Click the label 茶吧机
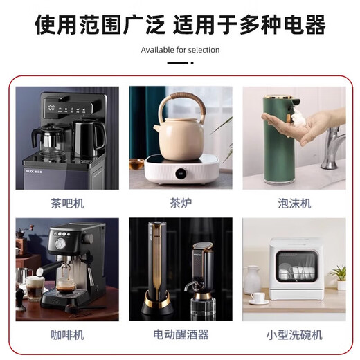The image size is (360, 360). pos(66,204)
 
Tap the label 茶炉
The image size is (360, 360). pos(180,204)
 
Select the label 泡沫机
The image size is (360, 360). pos(294,204)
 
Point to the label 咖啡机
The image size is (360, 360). pos(66,334)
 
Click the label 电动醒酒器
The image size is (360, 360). pos(180,334)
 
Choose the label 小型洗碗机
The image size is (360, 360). pos(294,334)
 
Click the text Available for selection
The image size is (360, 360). pos(180,50)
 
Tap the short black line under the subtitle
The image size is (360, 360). pos(179,64)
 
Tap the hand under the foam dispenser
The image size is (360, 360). pos(318,126)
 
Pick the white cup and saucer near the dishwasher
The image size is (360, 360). pos(258,298)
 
